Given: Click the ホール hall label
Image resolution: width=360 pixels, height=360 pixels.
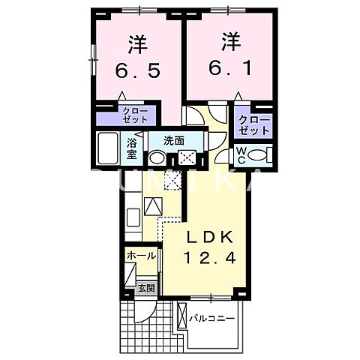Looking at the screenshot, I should click(140, 255).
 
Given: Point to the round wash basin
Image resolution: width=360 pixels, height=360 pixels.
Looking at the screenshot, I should click(157, 158).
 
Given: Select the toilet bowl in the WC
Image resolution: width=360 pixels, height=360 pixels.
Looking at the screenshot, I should click(259, 156).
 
